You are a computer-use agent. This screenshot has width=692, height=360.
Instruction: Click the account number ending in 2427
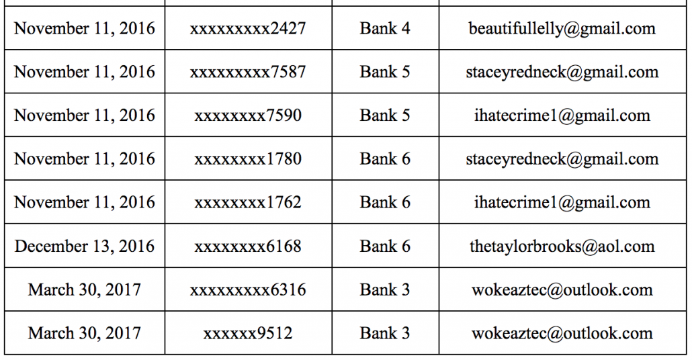248,29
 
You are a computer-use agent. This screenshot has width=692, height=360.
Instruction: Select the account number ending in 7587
248,72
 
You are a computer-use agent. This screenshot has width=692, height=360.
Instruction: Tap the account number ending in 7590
248,115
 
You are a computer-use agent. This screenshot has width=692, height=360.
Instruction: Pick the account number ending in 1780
248,159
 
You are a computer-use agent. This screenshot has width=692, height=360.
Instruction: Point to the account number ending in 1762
248,202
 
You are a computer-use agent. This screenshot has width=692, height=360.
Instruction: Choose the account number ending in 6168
248,246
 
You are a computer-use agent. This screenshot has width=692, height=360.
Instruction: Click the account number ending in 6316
248,290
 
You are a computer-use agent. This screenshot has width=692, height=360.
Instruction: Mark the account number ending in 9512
248,333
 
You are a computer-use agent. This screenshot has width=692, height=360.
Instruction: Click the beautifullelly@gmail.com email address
562,29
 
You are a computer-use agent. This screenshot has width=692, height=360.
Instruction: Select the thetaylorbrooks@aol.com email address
562,246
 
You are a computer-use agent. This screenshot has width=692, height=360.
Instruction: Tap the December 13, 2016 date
84,246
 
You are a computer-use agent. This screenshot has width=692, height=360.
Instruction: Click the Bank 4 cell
385,29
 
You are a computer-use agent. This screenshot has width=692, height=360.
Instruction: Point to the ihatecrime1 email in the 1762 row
562,203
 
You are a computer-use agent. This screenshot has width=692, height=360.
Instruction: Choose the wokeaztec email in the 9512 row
562,333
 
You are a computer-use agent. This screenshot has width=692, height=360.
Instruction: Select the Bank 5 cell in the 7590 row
385,115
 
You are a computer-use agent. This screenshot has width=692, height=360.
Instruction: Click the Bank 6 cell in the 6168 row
385,246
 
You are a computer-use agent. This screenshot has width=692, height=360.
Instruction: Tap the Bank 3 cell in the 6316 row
385,290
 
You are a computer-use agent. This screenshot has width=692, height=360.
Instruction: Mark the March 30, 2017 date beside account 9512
84,333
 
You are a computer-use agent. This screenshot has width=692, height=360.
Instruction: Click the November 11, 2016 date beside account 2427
84,29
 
